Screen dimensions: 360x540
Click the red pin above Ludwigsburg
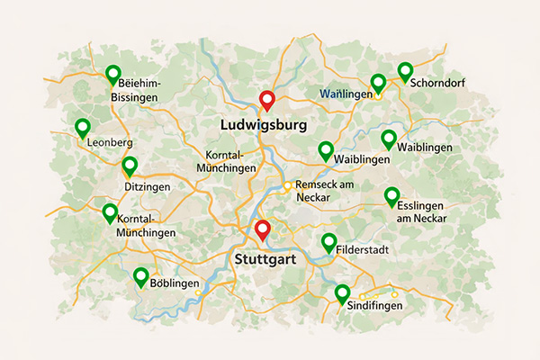tap(265, 100)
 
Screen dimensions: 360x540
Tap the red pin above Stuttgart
tap(262, 229)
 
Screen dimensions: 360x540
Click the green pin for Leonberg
tap(83, 128)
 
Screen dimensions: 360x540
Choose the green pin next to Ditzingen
tap(130, 166)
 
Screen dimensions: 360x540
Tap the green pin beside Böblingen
tap(140, 277)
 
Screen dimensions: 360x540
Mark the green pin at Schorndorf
tap(405, 72)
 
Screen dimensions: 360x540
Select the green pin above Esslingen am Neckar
tap(391, 196)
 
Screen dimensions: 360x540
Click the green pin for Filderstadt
tap(328, 242)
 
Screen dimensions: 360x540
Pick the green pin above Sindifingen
tap(342, 293)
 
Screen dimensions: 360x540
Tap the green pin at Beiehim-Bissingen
tap(112, 74)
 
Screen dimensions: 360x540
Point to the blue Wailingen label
tap(346, 94)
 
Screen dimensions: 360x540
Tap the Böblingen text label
tap(174, 283)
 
